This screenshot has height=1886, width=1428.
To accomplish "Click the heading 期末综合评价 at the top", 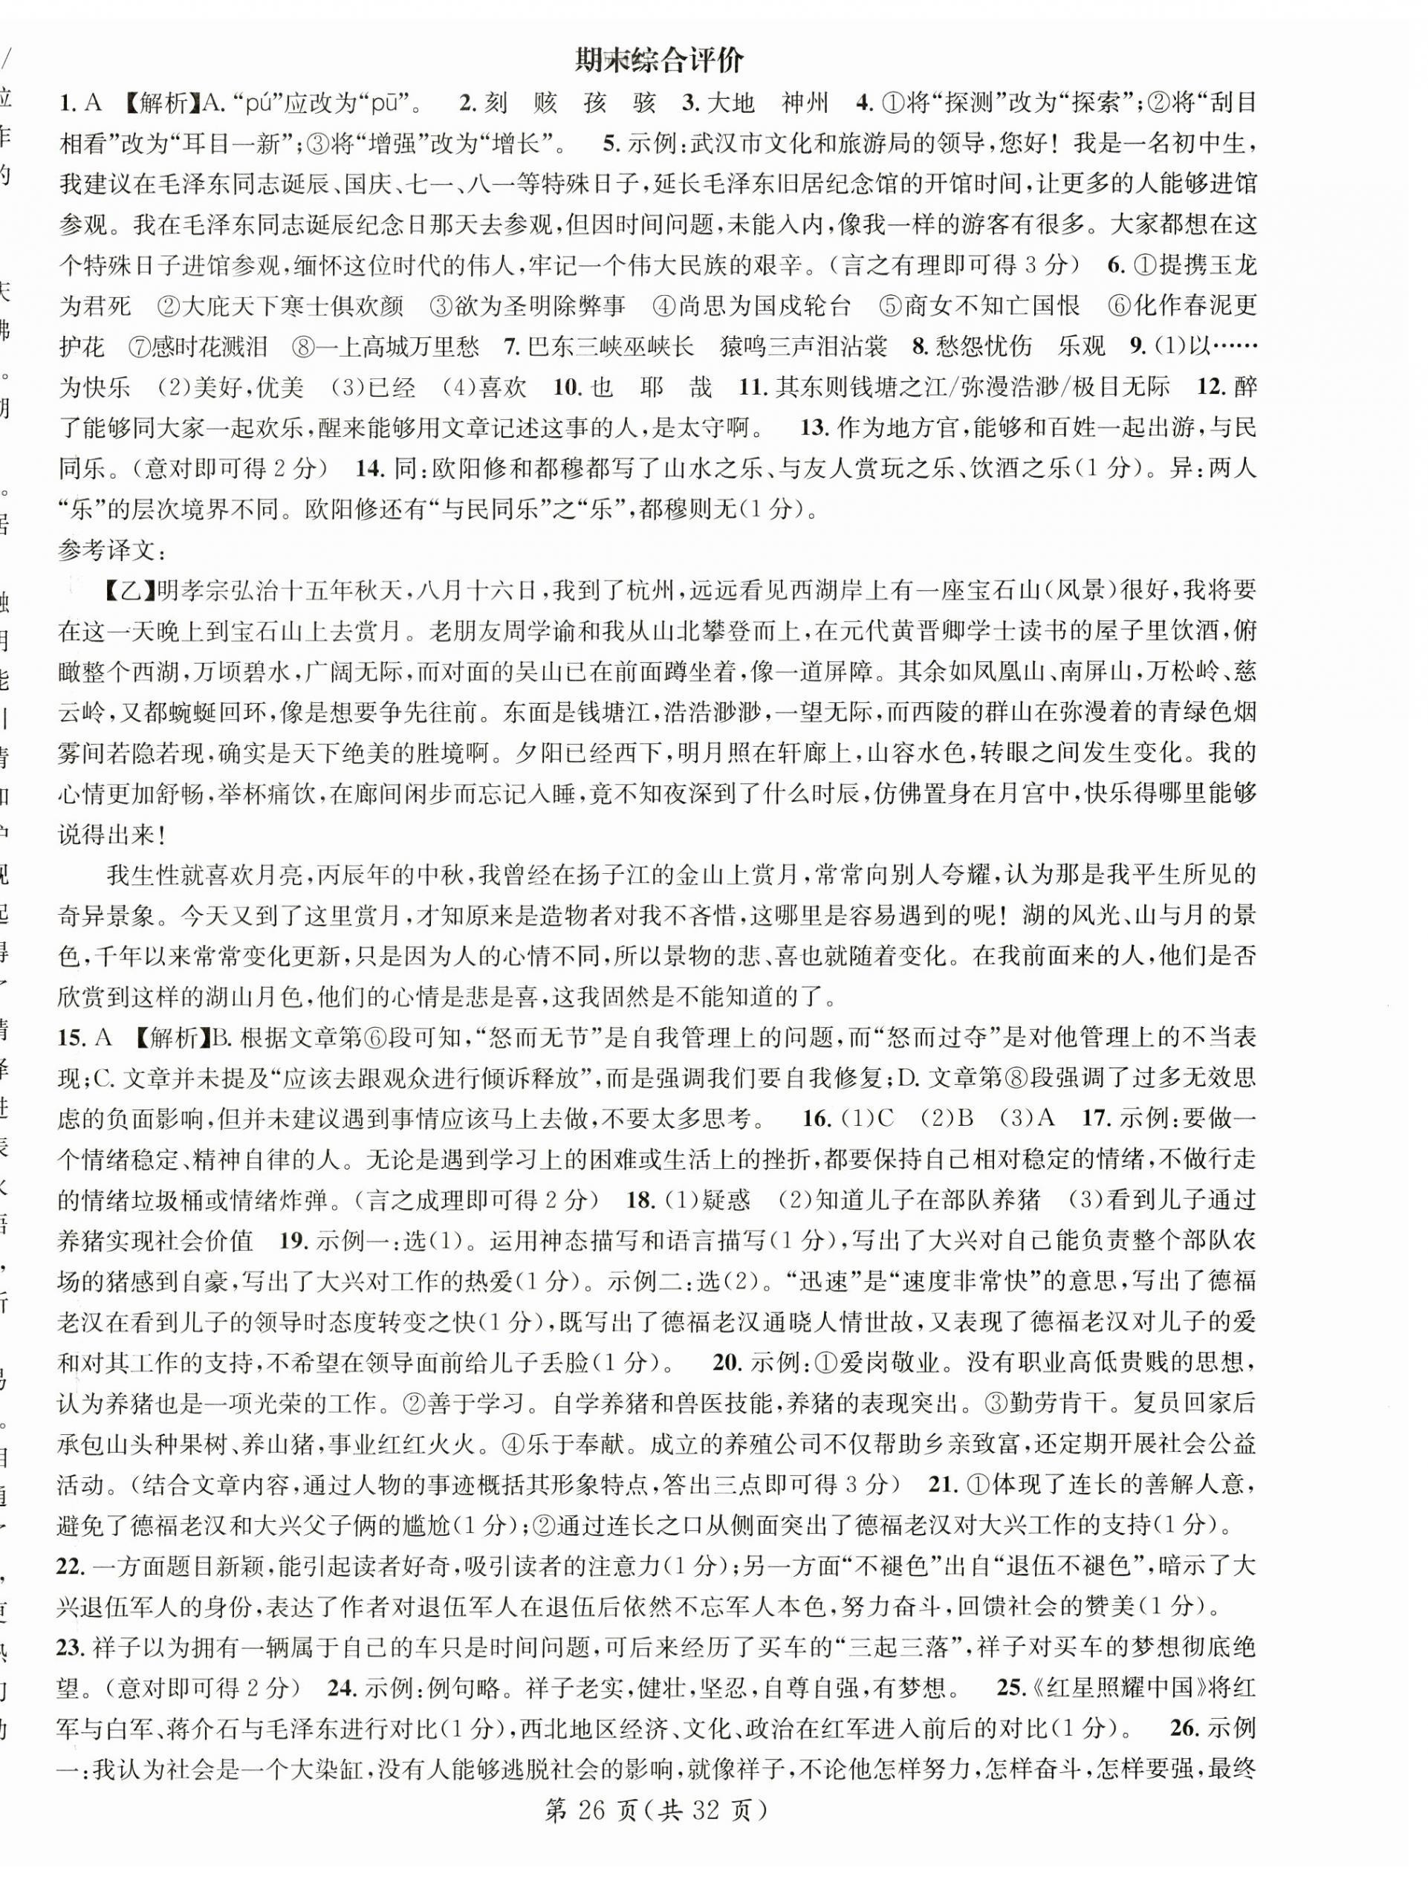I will pyautogui.click(x=659, y=62).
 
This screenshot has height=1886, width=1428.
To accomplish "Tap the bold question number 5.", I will pyautogui.click(x=609, y=144).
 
